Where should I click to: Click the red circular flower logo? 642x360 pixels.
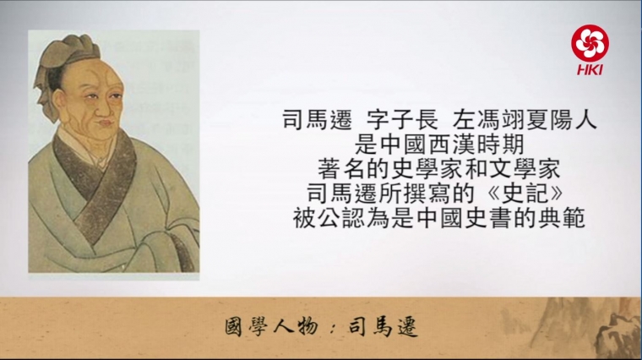(x=590, y=43)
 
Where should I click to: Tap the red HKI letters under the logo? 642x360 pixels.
(x=590, y=69)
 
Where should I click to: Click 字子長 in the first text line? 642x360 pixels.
(x=403, y=120)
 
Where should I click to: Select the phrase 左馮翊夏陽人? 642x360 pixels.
(x=525, y=120)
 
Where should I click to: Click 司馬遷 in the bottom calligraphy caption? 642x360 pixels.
(x=383, y=328)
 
